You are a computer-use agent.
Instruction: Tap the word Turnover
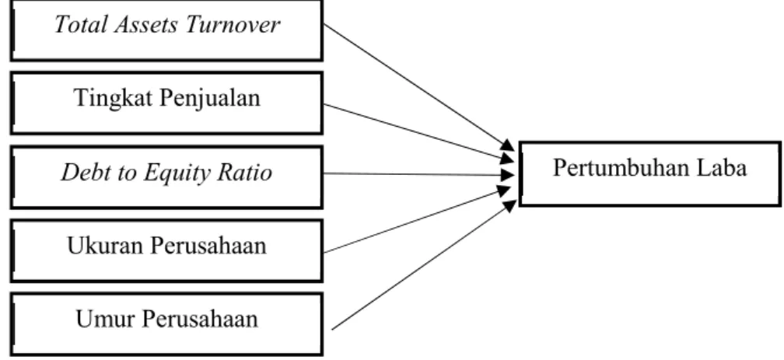(x=232, y=25)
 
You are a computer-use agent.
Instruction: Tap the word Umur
(x=101, y=320)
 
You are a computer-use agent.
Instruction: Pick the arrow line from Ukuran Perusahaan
(x=418, y=219)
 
